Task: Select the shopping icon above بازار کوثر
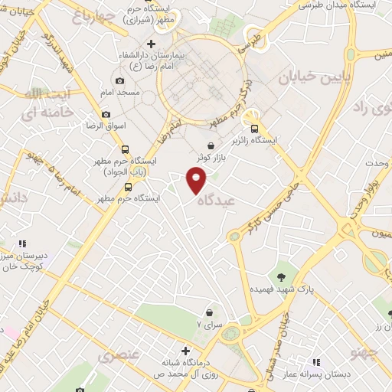pos(211,145)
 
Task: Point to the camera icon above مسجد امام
pos(119,80)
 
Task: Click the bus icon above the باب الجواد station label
pos(125,150)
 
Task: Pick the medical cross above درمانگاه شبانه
pos(185,348)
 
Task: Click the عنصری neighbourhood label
pos(119,355)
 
